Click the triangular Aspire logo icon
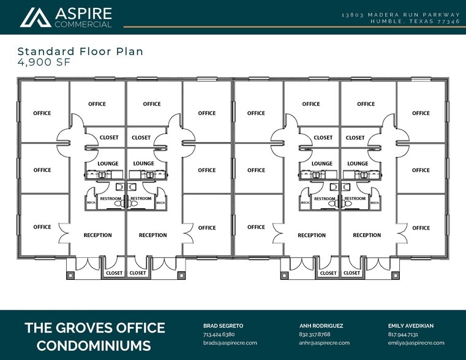pos(36,18)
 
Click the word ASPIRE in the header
pos(83,13)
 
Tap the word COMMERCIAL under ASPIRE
pos(83,24)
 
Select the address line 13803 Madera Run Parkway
pos(400,14)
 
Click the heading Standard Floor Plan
pos(80,51)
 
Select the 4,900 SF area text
pos(43,62)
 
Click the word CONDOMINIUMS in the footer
pos(94,345)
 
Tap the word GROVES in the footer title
pos(99,328)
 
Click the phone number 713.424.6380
pos(219,334)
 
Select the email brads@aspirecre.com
pos(230,343)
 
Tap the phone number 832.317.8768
pos(315,334)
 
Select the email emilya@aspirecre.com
pos(416,343)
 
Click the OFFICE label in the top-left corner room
pos(42,113)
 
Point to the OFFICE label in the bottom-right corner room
pos(421,228)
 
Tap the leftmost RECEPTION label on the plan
pos(98,235)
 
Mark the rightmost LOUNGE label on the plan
pos(358,163)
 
